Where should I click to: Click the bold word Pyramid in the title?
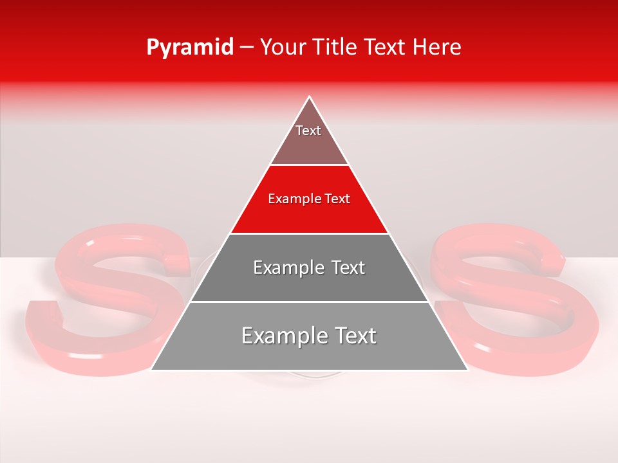click(189, 48)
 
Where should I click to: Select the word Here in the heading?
click(437, 48)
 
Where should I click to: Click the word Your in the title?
click(282, 48)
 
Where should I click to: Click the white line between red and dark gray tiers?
click(309, 233)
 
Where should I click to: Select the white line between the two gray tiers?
click(309, 302)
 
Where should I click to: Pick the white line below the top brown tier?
click(309, 165)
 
